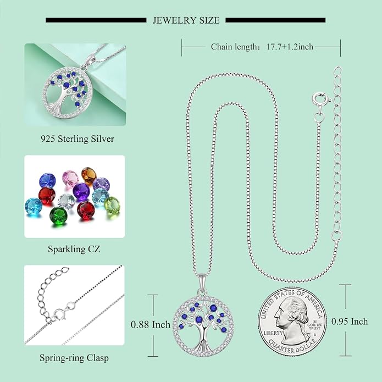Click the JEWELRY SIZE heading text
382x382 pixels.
(x=186, y=20)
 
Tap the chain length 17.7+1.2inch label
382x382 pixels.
(x=262, y=47)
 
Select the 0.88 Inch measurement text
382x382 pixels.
(x=150, y=324)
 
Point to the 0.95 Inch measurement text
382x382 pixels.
(x=350, y=322)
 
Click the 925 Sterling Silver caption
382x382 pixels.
(x=77, y=139)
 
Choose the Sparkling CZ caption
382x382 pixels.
(x=74, y=249)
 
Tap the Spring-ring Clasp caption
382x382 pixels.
(x=74, y=358)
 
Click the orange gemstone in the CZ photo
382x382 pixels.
(x=88, y=175)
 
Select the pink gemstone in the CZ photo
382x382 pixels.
(x=70, y=178)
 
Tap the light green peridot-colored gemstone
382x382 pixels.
(x=112, y=204)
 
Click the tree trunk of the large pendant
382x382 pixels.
(x=203, y=337)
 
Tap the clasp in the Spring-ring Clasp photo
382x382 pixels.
(x=59, y=315)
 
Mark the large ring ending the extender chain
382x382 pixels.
(x=336, y=235)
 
